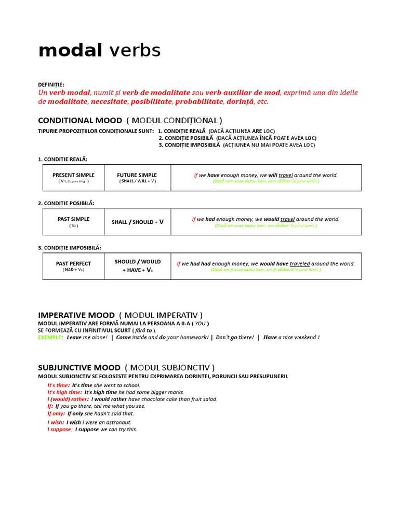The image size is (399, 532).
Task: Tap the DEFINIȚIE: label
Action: pyautogui.click(x=51, y=85)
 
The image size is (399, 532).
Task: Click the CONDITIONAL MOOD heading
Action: pyautogui.click(x=80, y=121)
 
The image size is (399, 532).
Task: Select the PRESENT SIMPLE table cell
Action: pyautogui.click(x=73, y=178)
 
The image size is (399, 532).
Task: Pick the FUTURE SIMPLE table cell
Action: pyautogui.click(x=137, y=178)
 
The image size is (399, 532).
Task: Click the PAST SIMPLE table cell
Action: pyautogui.click(x=73, y=222)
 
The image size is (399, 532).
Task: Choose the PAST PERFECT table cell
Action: pyautogui.click(x=73, y=266)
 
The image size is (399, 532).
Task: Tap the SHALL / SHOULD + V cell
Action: pyautogui.click(x=137, y=222)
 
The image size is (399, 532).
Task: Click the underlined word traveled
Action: pyautogui.click(x=300, y=264)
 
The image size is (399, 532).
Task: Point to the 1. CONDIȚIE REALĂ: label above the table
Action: pyautogui.click(x=63, y=159)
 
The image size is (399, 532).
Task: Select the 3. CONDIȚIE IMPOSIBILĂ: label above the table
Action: pyautogui.click(x=70, y=248)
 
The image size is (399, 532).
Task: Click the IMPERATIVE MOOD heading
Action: pyautogui.click(x=76, y=315)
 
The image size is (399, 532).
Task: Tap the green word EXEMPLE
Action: pyautogui.click(x=49, y=337)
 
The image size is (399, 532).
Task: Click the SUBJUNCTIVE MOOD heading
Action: pyautogui.click(x=79, y=367)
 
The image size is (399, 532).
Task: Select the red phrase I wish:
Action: pyautogui.click(x=55, y=422)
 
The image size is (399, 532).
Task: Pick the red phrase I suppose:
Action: pyautogui.click(x=60, y=430)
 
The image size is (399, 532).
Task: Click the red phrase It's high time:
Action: pyautogui.click(x=64, y=392)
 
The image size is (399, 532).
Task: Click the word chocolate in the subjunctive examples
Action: pyautogui.click(x=157, y=400)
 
